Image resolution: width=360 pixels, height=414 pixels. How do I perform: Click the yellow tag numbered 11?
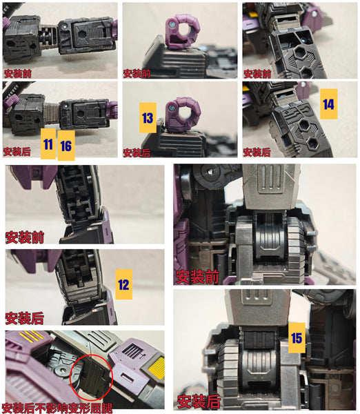48,144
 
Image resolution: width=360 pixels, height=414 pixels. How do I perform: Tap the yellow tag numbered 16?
66,146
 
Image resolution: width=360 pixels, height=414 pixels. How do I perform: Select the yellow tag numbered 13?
148,118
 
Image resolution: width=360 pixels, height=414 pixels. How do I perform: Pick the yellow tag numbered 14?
329,104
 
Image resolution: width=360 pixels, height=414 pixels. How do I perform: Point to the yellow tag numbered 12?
123,284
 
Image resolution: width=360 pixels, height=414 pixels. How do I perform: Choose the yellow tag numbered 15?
297,337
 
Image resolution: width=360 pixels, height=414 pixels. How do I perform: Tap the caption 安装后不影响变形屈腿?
57,408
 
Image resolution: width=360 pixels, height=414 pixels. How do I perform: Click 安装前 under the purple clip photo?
137,73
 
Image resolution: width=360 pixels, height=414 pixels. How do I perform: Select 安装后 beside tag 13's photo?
137,152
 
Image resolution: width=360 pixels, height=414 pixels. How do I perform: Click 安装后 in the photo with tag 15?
199,402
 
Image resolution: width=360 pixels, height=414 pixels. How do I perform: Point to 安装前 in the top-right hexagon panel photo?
257,73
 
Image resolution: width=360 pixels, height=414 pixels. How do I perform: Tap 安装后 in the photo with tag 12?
25,318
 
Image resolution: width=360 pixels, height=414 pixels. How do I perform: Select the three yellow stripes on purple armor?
34,336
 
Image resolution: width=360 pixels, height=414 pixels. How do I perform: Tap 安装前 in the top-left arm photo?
17,73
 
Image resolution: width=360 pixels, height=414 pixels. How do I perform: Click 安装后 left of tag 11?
17,151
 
